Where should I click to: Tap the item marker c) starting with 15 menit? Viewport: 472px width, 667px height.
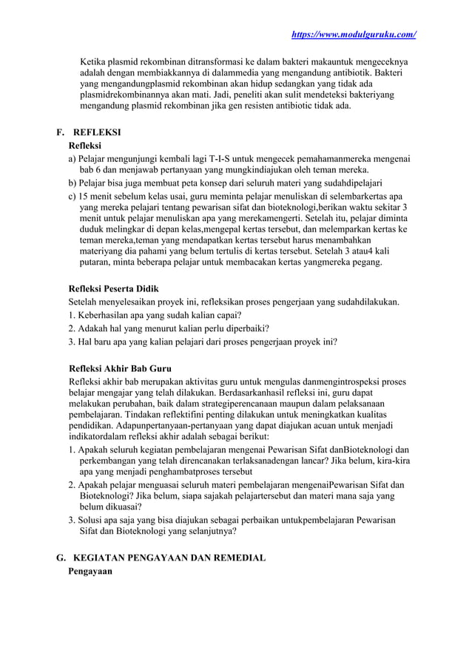pyautogui.click(x=73, y=197)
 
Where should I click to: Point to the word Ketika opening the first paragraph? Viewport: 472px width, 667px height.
pyautogui.click(x=95, y=62)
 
